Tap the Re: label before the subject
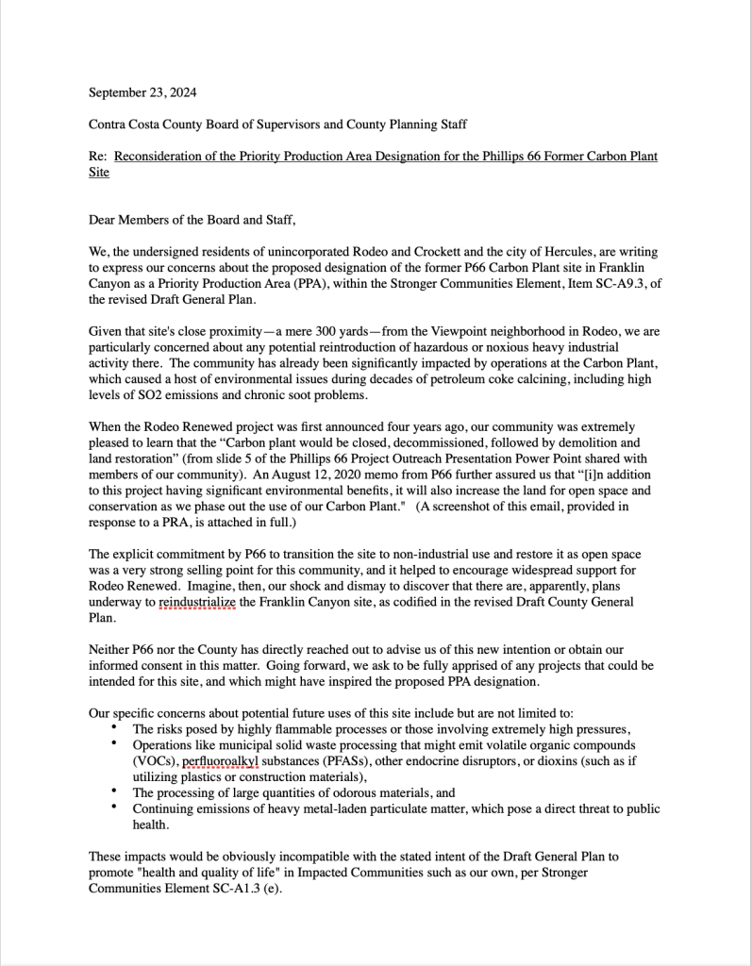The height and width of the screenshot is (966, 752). coord(98,156)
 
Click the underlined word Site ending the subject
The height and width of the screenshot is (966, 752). coord(99,173)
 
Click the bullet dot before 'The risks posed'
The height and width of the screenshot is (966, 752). coord(113,728)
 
